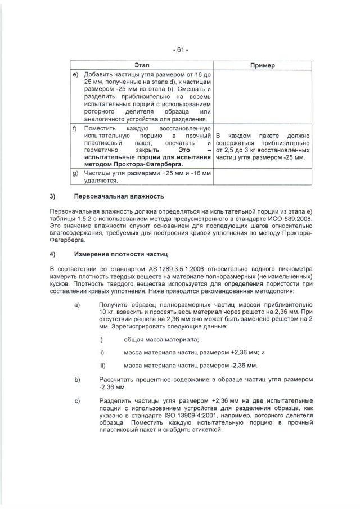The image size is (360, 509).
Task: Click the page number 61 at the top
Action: coord(180,49)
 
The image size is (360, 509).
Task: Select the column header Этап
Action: coord(142,66)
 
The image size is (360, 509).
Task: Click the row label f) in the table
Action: coord(75,129)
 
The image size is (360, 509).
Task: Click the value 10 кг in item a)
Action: coord(105,311)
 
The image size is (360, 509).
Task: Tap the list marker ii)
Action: coord(101,352)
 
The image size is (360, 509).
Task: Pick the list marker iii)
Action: coord(102,365)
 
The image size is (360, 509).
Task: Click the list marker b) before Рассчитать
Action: coord(76,380)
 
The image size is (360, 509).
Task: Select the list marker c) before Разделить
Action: coord(76,400)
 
